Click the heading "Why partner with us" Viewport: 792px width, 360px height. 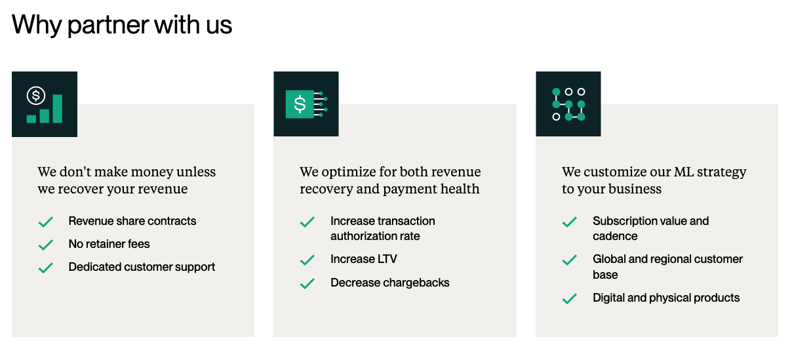point(122,26)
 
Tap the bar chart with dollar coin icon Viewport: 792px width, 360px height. point(45,104)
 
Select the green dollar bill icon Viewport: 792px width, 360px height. point(306,104)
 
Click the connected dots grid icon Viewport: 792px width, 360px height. point(568,104)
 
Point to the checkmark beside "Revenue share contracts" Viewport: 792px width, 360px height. point(46,222)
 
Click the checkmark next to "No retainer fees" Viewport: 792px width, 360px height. point(46,245)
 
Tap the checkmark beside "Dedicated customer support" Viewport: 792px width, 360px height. point(46,268)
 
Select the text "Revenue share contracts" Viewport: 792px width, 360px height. point(132,221)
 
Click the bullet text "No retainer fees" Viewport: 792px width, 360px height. point(109,244)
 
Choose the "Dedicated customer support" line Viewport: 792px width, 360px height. point(142,267)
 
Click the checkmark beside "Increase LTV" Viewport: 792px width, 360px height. point(307,260)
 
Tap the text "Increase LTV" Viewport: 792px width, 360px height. point(364,259)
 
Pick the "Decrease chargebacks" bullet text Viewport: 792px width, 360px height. point(390,283)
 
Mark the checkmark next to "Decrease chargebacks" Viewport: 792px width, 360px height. point(307,283)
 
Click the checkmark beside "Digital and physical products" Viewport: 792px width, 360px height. point(570,298)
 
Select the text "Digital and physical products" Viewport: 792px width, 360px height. point(666,298)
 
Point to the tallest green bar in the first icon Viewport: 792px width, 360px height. point(58,109)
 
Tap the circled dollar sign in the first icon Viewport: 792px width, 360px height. point(35,96)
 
